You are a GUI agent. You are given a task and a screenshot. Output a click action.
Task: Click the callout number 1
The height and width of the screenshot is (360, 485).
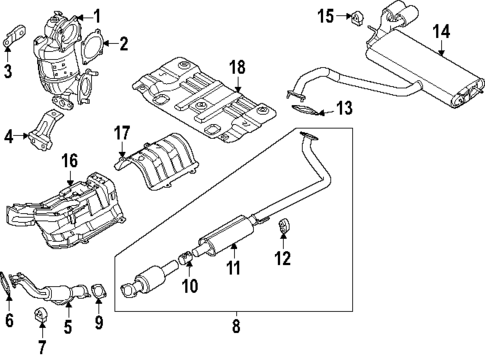[x=97, y=15]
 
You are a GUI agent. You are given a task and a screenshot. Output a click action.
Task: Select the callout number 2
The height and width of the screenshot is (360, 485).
[x=123, y=43]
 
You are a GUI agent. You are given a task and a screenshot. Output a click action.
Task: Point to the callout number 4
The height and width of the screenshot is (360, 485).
[x=10, y=135]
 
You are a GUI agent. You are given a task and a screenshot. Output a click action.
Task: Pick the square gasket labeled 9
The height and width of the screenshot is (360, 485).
[x=99, y=292]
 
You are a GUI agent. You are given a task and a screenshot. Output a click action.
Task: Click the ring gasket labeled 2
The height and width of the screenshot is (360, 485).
[x=99, y=45]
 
